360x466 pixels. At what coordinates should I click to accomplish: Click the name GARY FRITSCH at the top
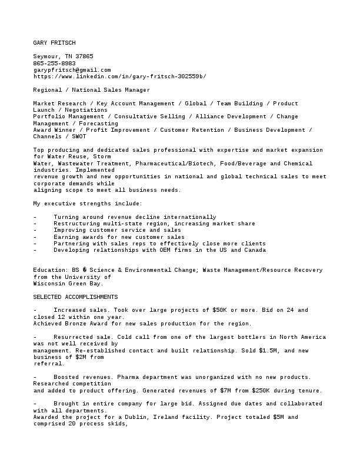pos(54,43)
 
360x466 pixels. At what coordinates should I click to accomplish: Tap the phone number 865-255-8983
pos(54,63)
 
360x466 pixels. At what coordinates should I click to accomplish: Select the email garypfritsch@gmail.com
pos(72,69)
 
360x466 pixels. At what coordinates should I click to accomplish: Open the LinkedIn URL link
pos(119,76)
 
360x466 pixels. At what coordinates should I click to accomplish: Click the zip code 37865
pos(84,56)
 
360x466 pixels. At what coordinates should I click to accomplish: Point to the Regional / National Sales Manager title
pos(91,90)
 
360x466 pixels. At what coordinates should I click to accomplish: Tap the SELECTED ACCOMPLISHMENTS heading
pos(75,297)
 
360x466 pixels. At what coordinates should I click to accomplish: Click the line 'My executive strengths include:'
pos(87,204)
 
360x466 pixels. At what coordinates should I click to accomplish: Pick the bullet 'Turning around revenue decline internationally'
pos(135,217)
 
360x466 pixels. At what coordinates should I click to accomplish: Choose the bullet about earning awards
pos(119,237)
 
